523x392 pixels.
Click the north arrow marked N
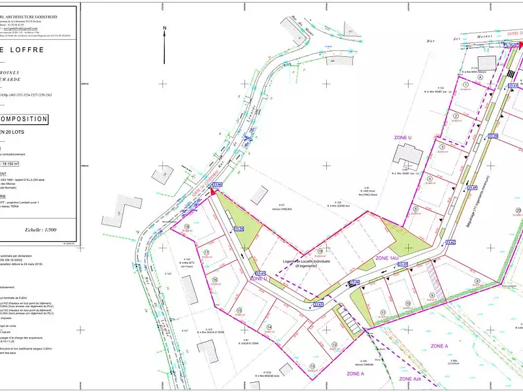click(x=165, y=36)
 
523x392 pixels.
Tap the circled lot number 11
click(x=382, y=313)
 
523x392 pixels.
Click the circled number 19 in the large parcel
click(x=320, y=251)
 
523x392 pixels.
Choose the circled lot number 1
click(x=466, y=84)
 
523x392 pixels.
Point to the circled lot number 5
click(x=416, y=209)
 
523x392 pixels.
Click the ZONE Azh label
click(x=415, y=379)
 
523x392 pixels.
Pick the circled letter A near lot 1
click(x=481, y=76)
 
